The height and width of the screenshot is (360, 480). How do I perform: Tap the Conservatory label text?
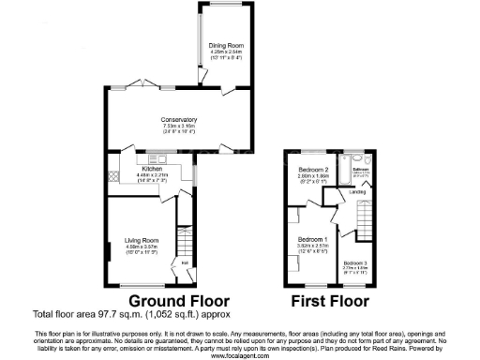pyautogui.click(x=178, y=120)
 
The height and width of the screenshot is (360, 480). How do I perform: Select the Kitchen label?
pyautogui.click(x=153, y=168)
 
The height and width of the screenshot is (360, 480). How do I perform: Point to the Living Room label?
pyautogui.click(x=142, y=241)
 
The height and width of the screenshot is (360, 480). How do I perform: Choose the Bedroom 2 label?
pyautogui.click(x=304, y=169)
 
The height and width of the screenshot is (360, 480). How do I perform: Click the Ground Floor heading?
pyautogui.click(x=179, y=301)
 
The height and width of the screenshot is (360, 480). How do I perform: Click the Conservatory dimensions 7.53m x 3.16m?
pyautogui.click(x=178, y=127)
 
